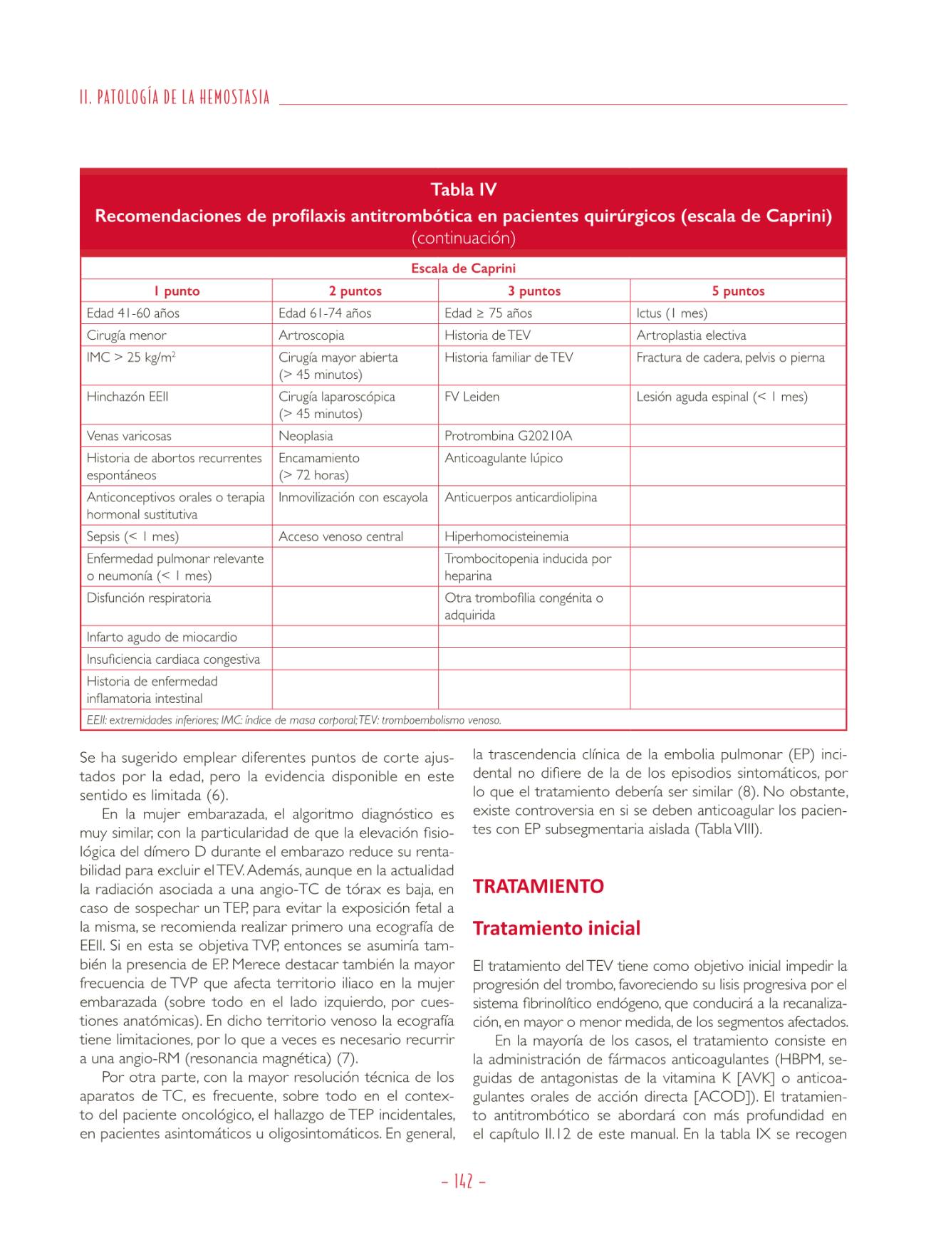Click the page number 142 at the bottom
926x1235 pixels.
click(463, 1182)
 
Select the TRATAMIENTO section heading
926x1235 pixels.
click(538, 886)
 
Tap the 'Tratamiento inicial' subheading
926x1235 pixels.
click(556, 928)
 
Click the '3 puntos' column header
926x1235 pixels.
click(534, 291)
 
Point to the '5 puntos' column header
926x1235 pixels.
click(738, 291)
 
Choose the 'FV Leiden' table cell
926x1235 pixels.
click(472, 397)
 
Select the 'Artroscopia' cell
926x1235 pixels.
click(311, 335)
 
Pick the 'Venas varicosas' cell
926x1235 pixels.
click(129, 436)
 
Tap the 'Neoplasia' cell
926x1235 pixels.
click(306, 436)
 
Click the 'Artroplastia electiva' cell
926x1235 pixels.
click(691, 335)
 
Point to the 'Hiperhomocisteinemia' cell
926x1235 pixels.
click(506, 536)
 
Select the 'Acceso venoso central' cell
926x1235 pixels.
click(340, 536)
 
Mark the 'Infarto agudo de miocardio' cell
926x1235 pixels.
click(162, 637)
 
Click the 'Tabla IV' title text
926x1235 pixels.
click(463, 189)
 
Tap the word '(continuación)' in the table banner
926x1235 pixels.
click(463, 238)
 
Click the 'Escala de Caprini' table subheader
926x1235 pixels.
click(463, 269)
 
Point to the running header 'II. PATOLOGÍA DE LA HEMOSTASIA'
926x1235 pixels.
click(175, 97)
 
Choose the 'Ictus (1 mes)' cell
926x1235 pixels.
click(672, 313)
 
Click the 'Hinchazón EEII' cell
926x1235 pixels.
click(128, 397)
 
